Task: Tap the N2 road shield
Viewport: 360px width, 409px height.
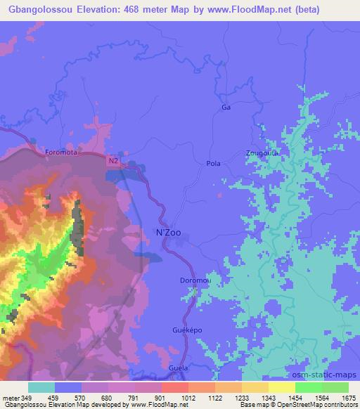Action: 113,161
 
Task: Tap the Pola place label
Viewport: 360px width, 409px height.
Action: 214,164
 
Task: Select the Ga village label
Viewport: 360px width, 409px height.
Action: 226,108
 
